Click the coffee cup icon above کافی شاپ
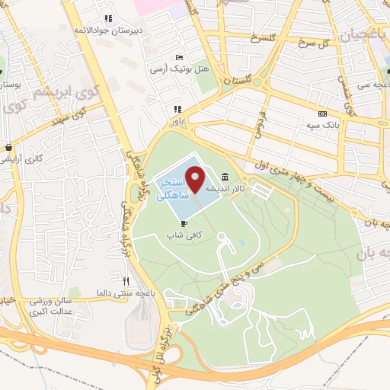pyautogui.click(x=184, y=223)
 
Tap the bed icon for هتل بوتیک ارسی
pyautogui.click(x=179, y=57)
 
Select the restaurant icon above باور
pyautogui.click(x=177, y=109)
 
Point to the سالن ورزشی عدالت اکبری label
pyautogui.click(x=58, y=306)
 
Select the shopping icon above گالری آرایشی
pyautogui.click(x=8, y=148)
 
